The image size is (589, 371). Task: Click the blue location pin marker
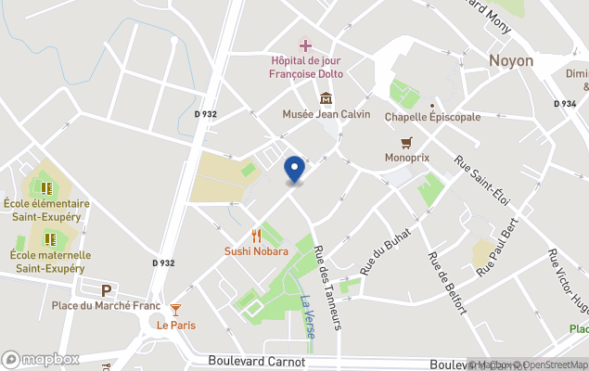click(294, 170)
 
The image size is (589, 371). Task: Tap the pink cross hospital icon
click(305, 45)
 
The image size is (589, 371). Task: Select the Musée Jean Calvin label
click(326, 114)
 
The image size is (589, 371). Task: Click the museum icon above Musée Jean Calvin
click(326, 98)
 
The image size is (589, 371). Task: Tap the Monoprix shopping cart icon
click(406, 142)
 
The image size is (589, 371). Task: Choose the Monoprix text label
click(406, 158)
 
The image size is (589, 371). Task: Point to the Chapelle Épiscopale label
click(432, 117)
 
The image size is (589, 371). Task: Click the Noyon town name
click(511, 60)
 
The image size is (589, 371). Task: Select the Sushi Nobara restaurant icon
click(256, 236)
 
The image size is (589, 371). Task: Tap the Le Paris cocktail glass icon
click(176, 309)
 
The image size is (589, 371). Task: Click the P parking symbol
click(106, 290)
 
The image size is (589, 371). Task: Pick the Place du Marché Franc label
click(106, 306)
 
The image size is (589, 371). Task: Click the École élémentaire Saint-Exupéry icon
click(48, 188)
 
